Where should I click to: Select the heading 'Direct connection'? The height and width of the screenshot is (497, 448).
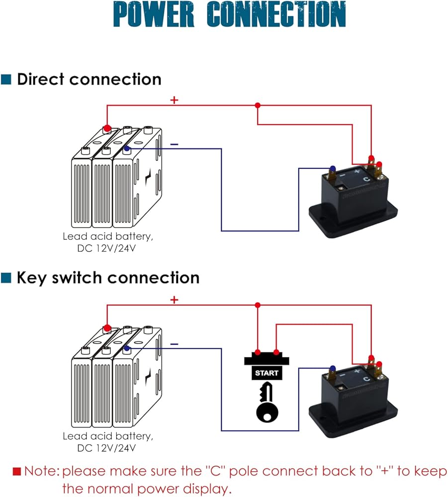click(x=89, y=79)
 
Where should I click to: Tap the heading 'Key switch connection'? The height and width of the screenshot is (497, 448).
click(x=108, y=277)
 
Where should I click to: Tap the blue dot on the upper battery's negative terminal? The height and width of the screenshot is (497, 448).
click(x=127, y=148)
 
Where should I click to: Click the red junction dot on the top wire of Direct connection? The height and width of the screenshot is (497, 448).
click(x=257, y=105)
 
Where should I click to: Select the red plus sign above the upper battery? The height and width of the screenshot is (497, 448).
click(x=174, y=100)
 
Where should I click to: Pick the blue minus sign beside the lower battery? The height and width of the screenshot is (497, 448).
click(x=174, y=343)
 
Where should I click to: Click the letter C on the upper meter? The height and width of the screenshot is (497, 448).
click(x=365, y=179)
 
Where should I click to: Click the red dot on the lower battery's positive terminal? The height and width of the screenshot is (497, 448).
click(x=107, y=328)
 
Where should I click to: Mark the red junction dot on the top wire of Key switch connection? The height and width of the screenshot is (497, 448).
click(x=257, y=305)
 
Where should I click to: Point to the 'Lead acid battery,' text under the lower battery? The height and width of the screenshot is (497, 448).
click(x=107, y=436)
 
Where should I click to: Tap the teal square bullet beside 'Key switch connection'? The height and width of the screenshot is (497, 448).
click(x=6, y=277)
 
